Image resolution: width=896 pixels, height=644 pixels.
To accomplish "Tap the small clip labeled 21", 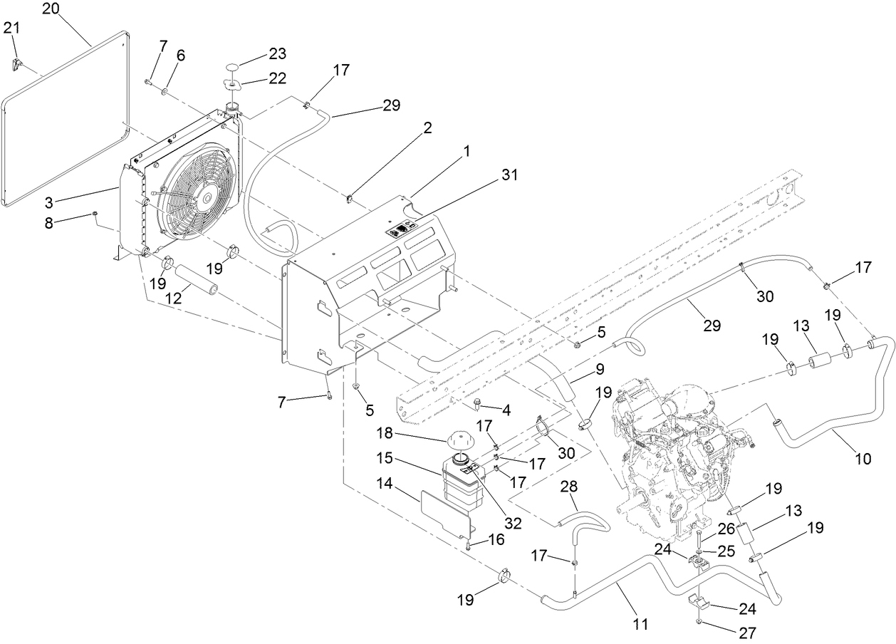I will point(19,65).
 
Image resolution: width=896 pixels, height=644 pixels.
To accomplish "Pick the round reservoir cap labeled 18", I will point(462,442).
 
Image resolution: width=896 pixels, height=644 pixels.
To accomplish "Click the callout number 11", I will point(641,625).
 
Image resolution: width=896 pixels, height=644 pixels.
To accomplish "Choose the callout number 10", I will point(863,459).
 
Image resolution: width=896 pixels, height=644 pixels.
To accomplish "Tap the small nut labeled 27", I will point(699,622).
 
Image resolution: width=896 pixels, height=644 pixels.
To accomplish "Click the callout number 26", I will point(725,529).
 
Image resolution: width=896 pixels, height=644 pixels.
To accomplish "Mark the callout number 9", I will point(600,370).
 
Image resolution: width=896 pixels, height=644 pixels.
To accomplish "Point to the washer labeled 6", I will point(165,92).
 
